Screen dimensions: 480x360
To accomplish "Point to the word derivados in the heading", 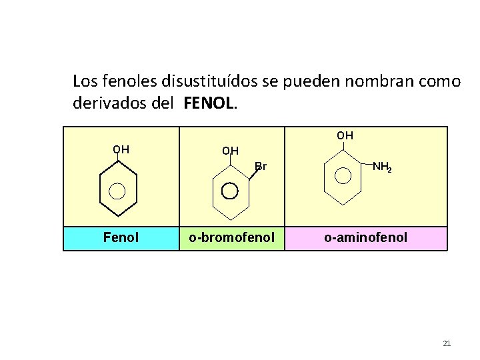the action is (x=107, y=104).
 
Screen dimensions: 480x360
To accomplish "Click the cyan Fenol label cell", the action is (x=121, y=238).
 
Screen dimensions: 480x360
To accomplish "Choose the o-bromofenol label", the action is (x=231, y=238).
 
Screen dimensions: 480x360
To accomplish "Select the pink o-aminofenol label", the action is (x=365, y=238).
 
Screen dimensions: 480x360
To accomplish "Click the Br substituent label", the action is (x=261, y=167).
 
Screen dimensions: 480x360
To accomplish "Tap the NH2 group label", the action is (x=382, y=167).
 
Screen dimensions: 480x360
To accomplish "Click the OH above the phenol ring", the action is (x=121, y=149).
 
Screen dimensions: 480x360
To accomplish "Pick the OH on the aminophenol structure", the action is (x=345, y=135).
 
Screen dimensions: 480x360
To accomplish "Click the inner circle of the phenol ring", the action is (x=117, y=191).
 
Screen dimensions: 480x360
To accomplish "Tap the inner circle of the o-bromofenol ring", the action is (x=229, y=191).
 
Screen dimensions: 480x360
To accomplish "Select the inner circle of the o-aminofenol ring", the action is (x=343, y=175).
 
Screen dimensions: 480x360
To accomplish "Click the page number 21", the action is (x=447, y=343).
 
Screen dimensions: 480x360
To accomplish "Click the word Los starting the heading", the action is (x=85, y=82).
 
